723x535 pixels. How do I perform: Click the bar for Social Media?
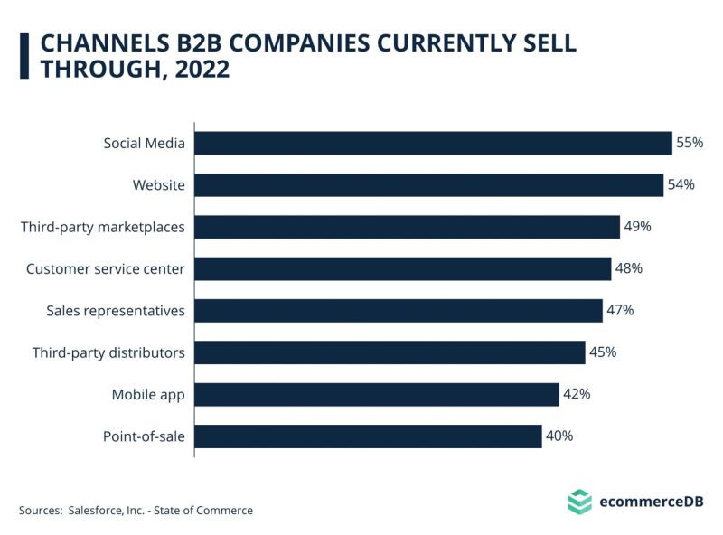(x=433, y=143)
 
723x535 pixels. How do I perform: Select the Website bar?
(x=428, y=185)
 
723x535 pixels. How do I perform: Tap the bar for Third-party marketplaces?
(x=407, y=227)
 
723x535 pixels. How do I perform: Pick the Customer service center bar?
(x=402, y=268)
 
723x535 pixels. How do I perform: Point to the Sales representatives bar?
(x=398, y=311)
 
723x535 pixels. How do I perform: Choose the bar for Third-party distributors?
(x=390, y=352)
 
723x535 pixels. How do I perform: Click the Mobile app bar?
(x=377, y=394)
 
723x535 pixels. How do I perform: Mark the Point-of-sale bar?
(x=368, y=436)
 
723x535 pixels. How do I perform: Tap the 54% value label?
(x=681, y=185)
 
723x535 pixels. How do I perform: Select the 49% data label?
(x=637, y=227)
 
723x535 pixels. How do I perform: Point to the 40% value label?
(x=559, y=436)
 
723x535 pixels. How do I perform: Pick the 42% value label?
(x=577, y=394)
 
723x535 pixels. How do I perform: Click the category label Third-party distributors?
(x=108, y=352)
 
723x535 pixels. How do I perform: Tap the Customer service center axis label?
(x=105, y=268)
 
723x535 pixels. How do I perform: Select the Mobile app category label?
(x=148, y=394)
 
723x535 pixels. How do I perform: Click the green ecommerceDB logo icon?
(x=579, y=501)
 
